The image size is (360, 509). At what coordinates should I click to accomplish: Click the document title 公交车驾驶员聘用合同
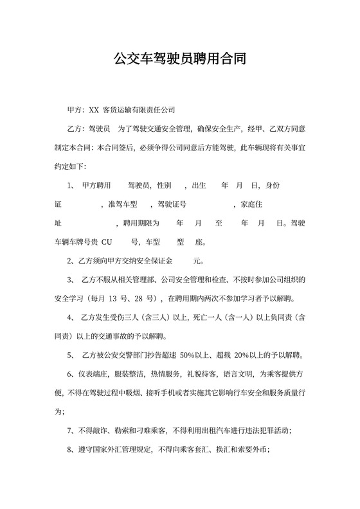[x=180, y=60]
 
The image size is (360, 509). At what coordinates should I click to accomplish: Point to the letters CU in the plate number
[x=107, y=242]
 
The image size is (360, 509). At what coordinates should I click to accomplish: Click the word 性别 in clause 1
[x=164, y=186]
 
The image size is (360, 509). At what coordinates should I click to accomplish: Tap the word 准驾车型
[x=123, y=204]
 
